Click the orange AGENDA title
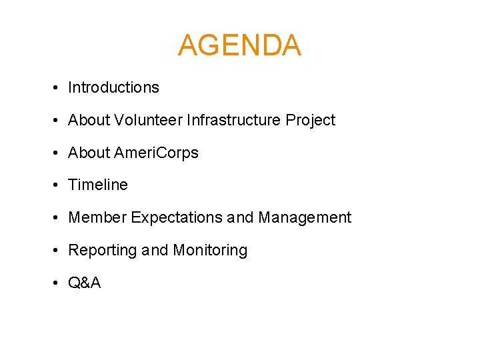(x=239, y=45)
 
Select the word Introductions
(x=113, y=87)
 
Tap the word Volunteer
(x=148, y=120)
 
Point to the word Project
(x=311, y=121)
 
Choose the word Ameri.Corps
(x=156, y=153)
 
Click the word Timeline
(x=98, y=185)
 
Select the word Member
(x=97, y=217)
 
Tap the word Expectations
(x=177, y=218)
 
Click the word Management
(x=305, y=218)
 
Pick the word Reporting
(x=103, y=251)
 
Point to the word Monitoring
(x=210, y=251)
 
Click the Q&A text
(x=85, y=283)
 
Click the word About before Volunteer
(x=89, y=120)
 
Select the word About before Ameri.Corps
(x=89, y=153)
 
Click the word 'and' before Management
(x=240, y=218)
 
